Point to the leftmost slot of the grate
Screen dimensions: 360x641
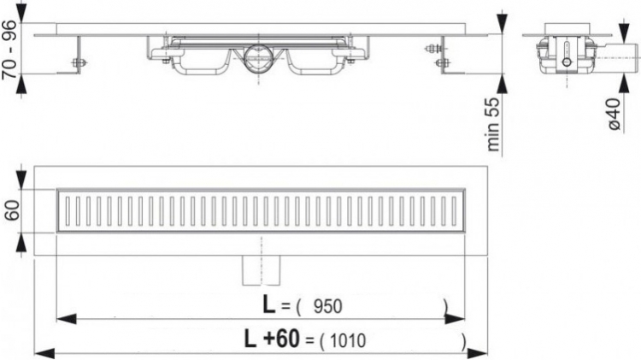point(67,210)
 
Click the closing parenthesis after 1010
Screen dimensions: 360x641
point(462,341)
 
